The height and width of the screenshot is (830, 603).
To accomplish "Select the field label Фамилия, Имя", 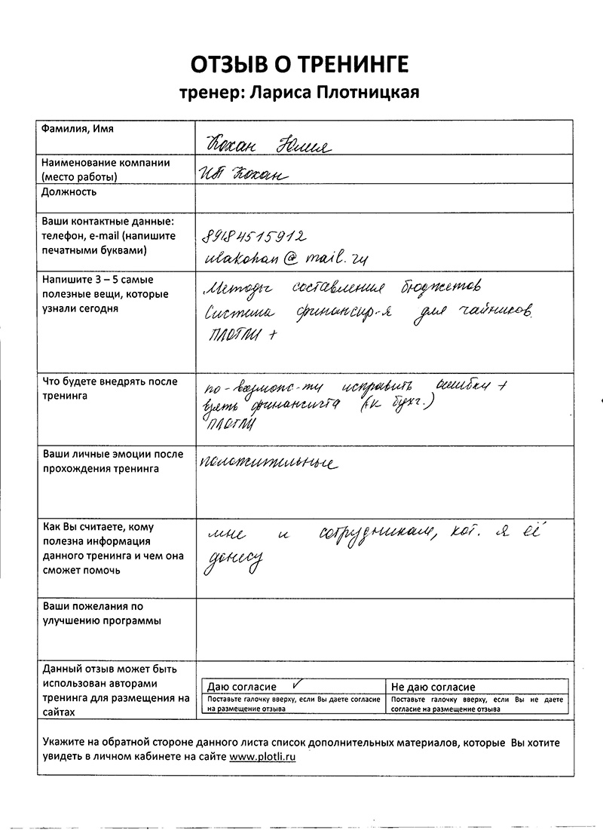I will click(x=78, y=130).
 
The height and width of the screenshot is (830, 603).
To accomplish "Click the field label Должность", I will click(x=69, y=192).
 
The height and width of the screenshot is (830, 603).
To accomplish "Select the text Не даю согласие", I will click(x=433, y=688).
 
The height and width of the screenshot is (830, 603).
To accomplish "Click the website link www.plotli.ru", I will click(x=262, y=757).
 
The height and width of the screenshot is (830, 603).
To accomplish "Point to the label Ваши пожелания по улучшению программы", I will click(x=102, y=614).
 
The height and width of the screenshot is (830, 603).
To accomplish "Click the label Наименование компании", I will click(x=106, y=163).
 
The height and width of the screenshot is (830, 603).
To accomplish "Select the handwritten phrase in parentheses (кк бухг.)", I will click(x=404, y=406).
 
